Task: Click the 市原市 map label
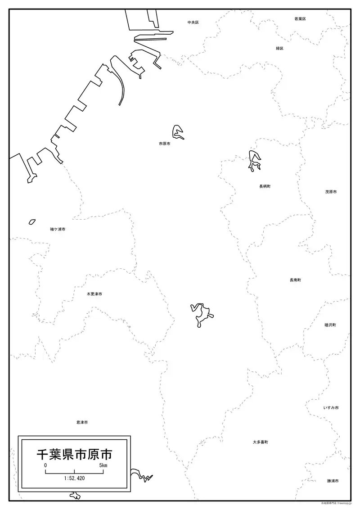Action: [x=164, y=144]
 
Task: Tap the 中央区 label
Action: [x=193, y=22]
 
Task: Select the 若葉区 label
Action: [x=300, y=19]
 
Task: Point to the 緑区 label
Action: [x=279, y=48]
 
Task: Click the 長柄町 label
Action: [x=265, y=186]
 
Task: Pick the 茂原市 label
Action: [x=331, y=192]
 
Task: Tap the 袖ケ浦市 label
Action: [x=58, y=229]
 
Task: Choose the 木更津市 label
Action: [x=94, y=294]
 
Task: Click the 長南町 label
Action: [x=295, y=280]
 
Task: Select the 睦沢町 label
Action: [x=330, y=325]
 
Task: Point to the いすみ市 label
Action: [x=331, y=408]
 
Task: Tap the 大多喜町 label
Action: [x=260, y=442]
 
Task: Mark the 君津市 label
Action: [x=82, y=423]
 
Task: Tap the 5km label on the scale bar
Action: [x=103, y=465]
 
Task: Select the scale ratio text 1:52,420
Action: [x=74, y=478]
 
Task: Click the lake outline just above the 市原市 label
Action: [x=178, y=131]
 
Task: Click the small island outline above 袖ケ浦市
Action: [x=32, y=222]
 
